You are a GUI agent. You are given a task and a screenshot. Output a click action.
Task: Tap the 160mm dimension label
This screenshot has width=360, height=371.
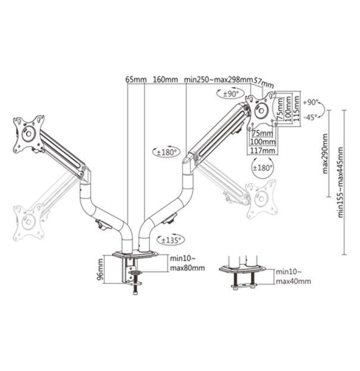(x=165, y=79)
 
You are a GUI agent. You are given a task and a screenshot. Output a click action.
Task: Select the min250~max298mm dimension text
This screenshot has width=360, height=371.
(x=218, y=79)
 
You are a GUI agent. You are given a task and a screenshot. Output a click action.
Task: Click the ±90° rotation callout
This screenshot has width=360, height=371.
(x=230, y=93)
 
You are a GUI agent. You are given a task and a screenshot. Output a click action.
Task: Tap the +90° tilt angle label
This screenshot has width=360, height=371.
(x=311, y=102)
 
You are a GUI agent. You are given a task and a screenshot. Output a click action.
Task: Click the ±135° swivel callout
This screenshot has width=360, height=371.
(x=171, y=240)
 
